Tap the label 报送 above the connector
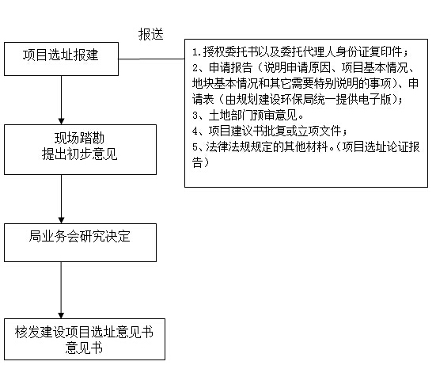150,35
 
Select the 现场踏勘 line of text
80,138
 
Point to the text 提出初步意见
80,154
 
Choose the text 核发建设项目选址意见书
84,332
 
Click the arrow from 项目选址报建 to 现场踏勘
61,101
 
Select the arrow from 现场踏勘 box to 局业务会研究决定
61,200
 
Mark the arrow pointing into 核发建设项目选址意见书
61,291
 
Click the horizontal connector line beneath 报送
152,59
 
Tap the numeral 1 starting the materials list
195,52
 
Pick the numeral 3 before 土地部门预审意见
195,116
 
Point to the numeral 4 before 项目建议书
195,131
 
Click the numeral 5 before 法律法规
195,147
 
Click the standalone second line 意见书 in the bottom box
84,348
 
